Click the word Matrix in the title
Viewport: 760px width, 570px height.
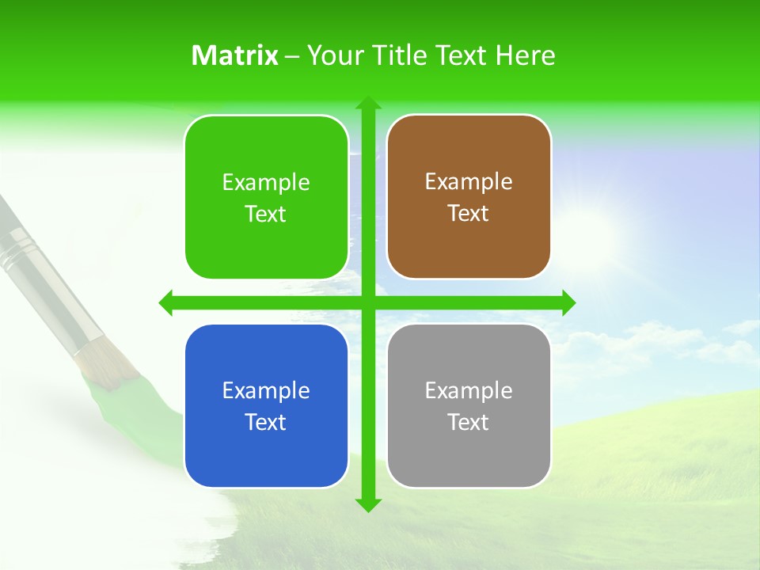tap(235, 55)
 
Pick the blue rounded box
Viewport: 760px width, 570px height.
tap(266, 451)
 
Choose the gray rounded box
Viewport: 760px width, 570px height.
tap(469, 451)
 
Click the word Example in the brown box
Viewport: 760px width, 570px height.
tap(469, 182)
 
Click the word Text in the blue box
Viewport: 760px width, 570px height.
tap(266, 423)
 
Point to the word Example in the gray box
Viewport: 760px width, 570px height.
tap(469, 390)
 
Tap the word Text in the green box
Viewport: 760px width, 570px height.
tap(266, 215)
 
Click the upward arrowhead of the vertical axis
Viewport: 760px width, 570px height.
tap(367, 104)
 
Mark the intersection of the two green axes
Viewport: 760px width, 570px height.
tap(367, 302)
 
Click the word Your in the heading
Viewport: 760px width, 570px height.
tap(332, 55)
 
